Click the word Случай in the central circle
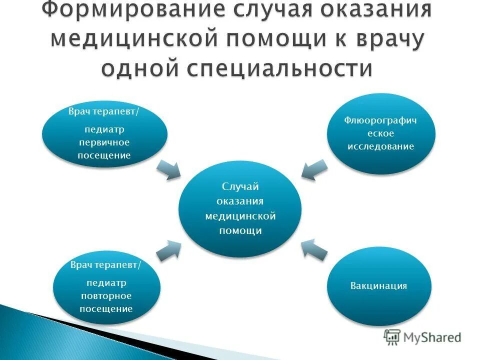point(240,186)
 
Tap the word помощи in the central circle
point(240,231)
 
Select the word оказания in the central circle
point(240,201)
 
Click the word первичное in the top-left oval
point(104,142)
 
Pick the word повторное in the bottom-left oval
point(106,296)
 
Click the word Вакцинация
point(378,286)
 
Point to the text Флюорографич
point(381,120)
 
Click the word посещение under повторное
point(106,308)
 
